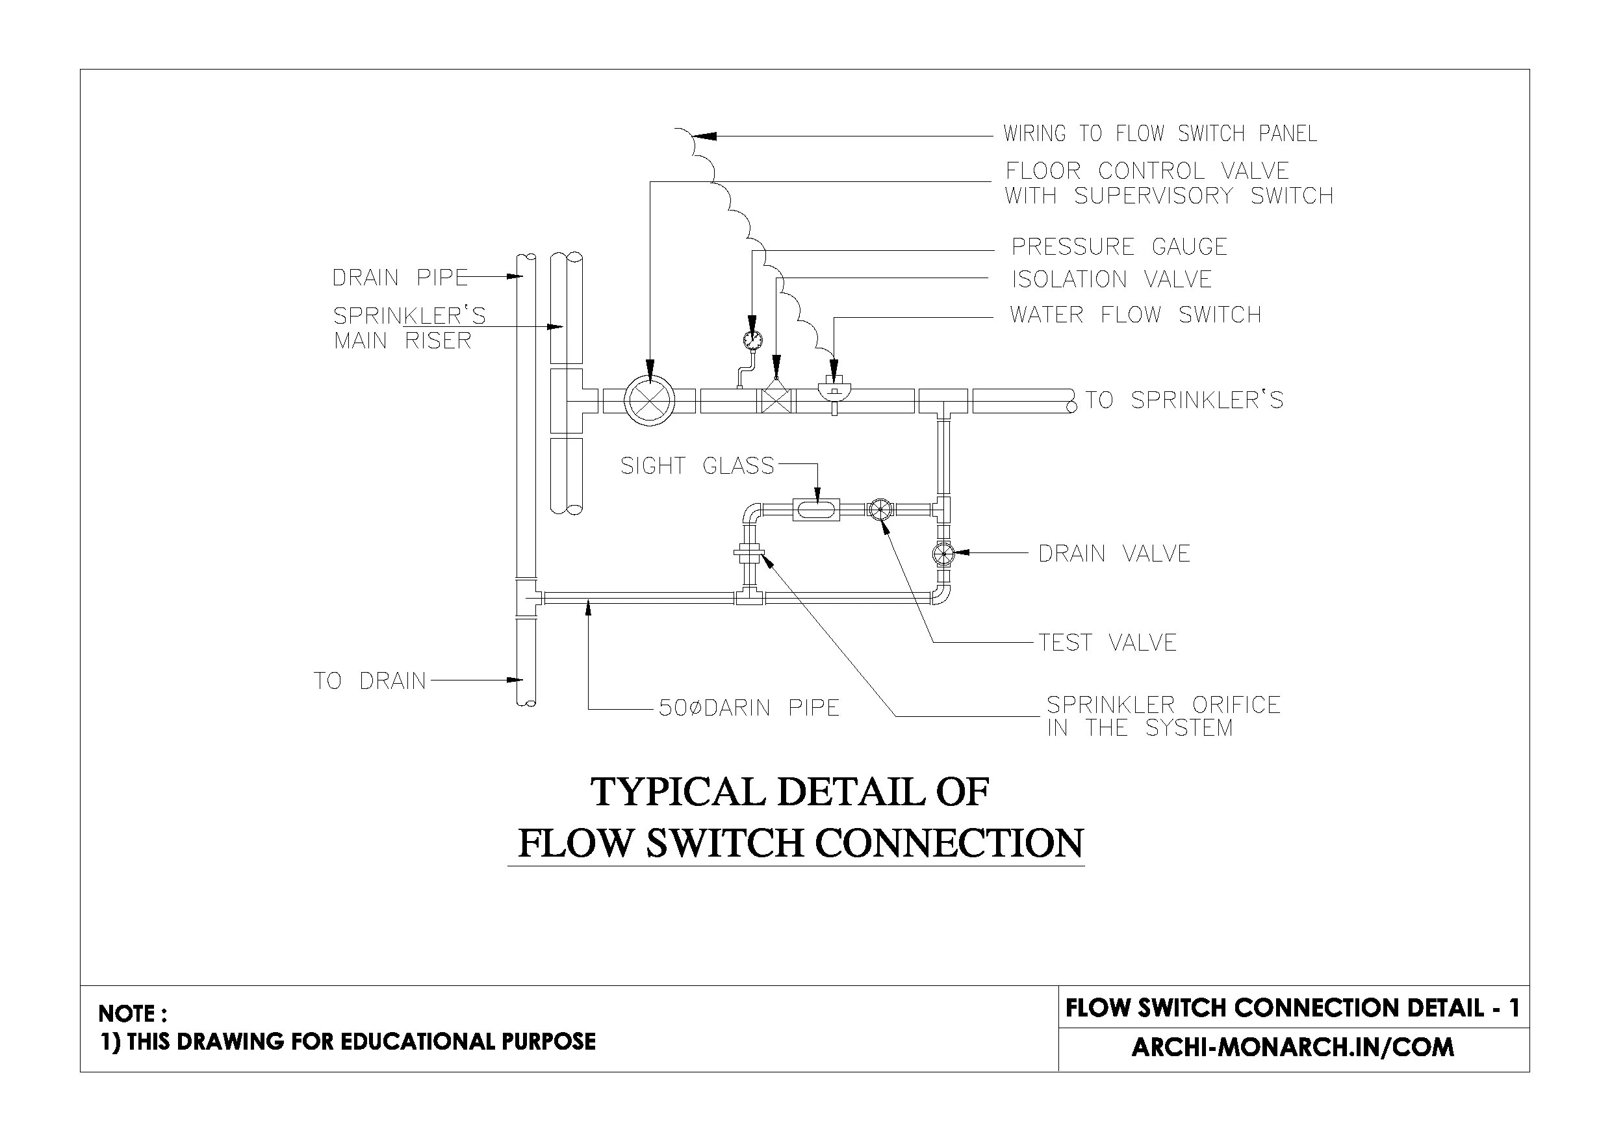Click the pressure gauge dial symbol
click(752, 340)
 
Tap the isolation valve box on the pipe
click(776, 401)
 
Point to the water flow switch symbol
click(834, 389)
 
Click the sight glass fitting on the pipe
click(816, 508)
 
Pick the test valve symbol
click(879, 508)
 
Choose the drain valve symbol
click(943, 554)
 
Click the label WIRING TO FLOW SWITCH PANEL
click(1159, 133)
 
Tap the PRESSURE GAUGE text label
click(1118, 246)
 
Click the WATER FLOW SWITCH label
click(1134, 315)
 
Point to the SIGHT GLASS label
click(697, 466)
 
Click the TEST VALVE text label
click(1107, 643)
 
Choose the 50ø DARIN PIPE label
click(748, 708)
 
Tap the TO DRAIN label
click(369, 680)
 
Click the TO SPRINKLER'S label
click(1184, 400)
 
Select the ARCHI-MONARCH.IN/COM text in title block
click(1292, 1047)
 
